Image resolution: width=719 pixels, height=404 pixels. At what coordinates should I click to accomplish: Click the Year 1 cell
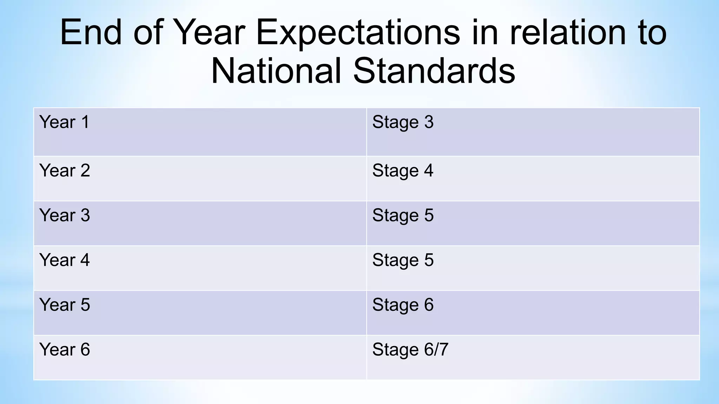pyautogui.click(x=64, y=122)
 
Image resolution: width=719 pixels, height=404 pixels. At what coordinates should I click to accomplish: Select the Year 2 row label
pyautogui.click(x=65, y=170)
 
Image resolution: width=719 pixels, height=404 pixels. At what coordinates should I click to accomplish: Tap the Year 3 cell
pyautogui.click(x=65, y=215)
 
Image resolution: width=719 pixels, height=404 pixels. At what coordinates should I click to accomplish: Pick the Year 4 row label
pyautogui.click(x=65, y=260)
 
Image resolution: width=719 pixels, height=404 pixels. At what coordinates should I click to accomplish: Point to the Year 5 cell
pyautogui.click(x=65, y=304)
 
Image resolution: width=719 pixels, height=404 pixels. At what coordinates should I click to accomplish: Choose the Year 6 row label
pyautogui.click(x=65, y=349)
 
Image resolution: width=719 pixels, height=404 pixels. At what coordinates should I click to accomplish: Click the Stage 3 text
pyautogui.click(x=403, y=122)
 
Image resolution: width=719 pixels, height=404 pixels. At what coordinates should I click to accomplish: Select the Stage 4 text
pyautogui.click(x=403, y=170)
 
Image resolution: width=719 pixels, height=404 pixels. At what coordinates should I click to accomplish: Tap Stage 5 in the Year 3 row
pyautogui.click(x=403, y=215)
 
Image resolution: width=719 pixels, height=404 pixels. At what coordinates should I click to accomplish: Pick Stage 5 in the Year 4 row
pyautogui.click(x=403, y=260)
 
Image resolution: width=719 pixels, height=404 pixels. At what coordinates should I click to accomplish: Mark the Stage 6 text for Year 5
pyautogui.click(x=403, y=304)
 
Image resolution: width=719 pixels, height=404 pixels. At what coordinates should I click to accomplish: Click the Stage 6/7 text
pyautogui.click(x=410, y=349)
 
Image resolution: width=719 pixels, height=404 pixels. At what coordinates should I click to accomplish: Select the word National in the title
pyautogui.click(x=276, y=71)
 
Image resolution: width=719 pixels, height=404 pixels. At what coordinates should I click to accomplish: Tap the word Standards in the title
pyautogui.click(x=434, y=71)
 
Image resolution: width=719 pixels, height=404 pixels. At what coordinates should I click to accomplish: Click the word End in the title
pyautogui.click(x=91, y=33)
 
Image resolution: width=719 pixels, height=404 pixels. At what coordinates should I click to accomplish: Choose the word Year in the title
pyautogui.click(x=209, y=33)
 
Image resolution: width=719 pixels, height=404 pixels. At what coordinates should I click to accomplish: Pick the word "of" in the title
pyautogui.click(x=148, y=33)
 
